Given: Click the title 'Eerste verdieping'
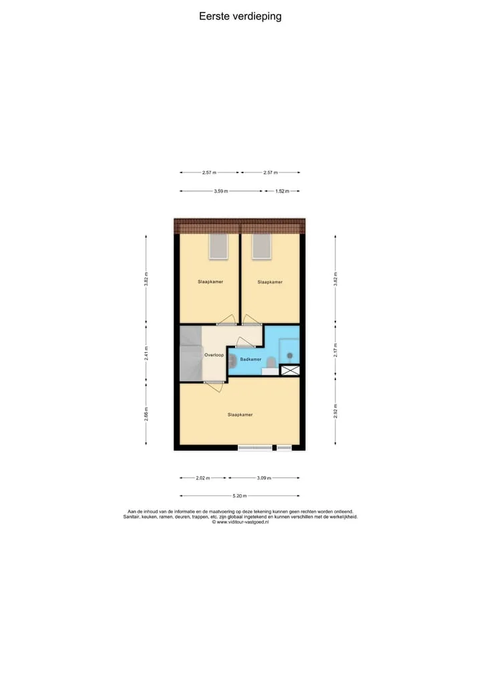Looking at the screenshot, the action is coord(240,17).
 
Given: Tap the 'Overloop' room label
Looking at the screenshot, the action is coord(214,355).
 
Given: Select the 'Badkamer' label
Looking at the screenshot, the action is coord(251,359).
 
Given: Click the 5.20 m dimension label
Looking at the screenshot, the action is coord(240,495).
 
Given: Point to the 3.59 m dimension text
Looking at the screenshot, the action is coord(220,191).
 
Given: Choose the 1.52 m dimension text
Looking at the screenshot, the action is coord(282,191).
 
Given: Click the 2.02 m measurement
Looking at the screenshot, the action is coord(203,478).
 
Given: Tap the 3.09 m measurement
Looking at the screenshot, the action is coord(264,478).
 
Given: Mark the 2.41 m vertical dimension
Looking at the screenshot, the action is coord(146,353).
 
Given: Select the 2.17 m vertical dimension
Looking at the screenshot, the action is coord(335,350).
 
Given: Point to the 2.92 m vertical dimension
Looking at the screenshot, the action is coord(335,411).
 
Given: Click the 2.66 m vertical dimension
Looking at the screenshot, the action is coord(146,414).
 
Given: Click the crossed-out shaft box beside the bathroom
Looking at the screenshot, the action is coord(290,370).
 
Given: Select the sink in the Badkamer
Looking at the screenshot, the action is coord(232,360).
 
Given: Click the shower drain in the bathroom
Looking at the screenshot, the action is coord(290,356).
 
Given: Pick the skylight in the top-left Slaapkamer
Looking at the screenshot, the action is coord(218,247).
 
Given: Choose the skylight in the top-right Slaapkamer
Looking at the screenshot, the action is coord(262,247).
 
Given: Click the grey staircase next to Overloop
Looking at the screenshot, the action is coord(191,354).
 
